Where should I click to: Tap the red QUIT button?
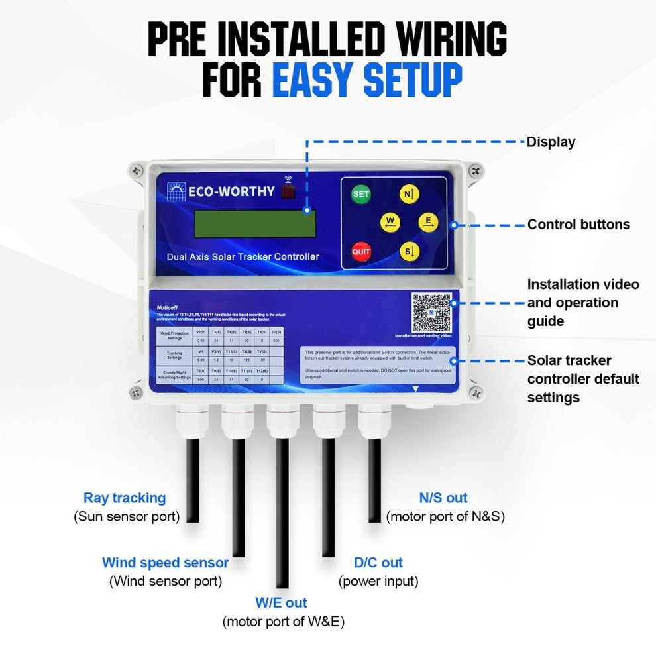tap(361, 252)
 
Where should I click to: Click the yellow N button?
tap(409, 194)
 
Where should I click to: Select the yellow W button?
tap(390, 223)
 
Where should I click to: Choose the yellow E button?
tap(429, 223)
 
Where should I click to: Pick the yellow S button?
tap(410, 251)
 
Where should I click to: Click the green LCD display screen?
tap(255, 224)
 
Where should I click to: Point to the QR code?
tap(431, 312)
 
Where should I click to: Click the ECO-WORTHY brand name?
tap(231, 191)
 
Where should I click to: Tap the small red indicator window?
tap(288, 192)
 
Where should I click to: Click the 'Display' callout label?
tap(551, 142)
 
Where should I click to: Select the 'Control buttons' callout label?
tap(578, 225)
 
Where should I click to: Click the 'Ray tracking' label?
tap(125, 498)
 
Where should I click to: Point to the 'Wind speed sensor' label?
tap(165, 563)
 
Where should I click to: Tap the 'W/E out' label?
tap(282, 603)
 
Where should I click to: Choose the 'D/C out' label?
tap(378, 563)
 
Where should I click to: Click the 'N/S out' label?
tap(443, 498)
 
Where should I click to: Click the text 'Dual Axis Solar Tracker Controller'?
tap(243, 256)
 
